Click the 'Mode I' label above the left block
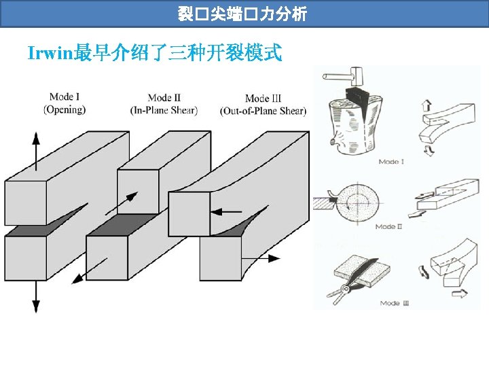point(65,97)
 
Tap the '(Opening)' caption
point(65,109)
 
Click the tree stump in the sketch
point(349,126)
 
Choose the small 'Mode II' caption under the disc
point(388,226)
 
